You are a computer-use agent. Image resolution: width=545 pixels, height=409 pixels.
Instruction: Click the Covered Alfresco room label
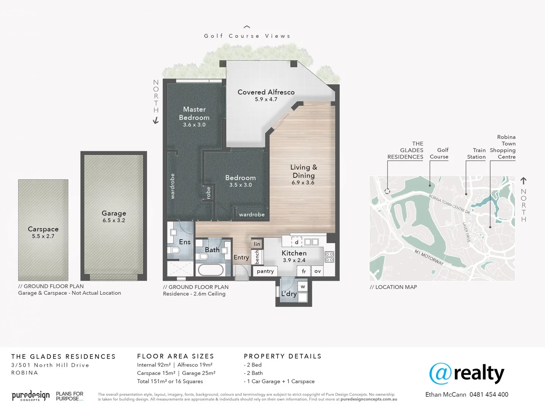[266, 92]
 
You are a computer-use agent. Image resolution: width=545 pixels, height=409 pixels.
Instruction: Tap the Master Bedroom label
[194, 113]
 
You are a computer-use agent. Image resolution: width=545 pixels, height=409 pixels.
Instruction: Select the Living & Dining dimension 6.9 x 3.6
[303, 183]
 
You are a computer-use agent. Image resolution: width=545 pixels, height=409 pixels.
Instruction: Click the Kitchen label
[294, 253]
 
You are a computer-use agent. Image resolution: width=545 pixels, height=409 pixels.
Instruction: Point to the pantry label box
[265, 271]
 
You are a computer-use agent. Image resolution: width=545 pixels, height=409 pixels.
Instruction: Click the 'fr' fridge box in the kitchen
[304, 271]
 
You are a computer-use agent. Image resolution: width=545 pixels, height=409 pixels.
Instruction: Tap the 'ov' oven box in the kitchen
[318, 271]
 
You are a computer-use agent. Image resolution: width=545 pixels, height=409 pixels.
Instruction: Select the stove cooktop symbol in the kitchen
[329, 257]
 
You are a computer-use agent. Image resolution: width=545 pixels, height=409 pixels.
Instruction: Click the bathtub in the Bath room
[211, 270]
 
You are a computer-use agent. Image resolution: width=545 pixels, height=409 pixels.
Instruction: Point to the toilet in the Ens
[175, 250]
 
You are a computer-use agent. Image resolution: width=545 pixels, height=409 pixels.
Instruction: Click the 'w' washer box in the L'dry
[303, 287]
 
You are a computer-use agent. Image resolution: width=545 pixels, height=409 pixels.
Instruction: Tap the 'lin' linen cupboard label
[257, 244]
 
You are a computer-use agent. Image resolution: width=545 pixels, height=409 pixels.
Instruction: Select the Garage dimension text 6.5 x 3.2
[113, 220]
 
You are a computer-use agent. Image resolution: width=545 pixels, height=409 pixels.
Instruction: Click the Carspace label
[43, 229]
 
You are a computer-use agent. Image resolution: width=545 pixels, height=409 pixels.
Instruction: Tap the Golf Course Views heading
[247, 36]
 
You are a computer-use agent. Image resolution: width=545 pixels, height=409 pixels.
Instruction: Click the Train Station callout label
[476, 153]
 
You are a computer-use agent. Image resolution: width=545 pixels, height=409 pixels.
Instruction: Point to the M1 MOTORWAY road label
[429, 257]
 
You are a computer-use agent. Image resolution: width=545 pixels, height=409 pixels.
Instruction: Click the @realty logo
[466, 373]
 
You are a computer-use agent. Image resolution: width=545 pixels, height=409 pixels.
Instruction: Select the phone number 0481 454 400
[489, 395]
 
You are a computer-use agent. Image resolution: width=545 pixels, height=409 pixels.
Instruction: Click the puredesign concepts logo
[31, 396]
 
